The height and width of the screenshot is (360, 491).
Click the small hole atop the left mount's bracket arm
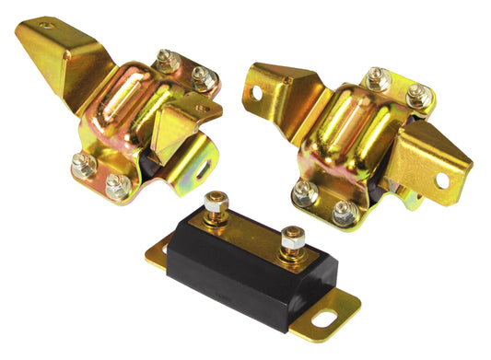click(x=47, y=26)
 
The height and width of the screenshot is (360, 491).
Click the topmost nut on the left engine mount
click(x=169, y=62)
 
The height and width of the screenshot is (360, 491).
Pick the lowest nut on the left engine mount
click(x=116, y=187)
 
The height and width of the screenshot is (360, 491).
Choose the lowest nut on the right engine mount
click(x=344, y=214)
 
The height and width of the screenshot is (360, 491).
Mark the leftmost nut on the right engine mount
click(x=305, y=191)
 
